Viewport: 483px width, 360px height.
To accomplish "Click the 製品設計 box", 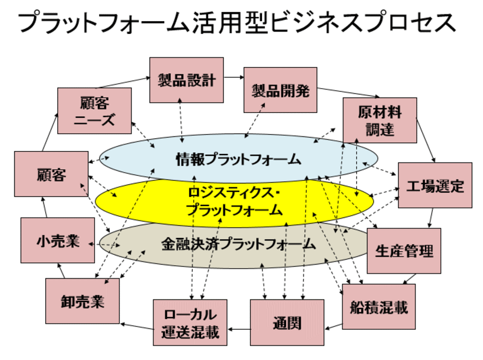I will click(x=187, y=80).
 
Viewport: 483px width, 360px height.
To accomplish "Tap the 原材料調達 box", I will click(x=379, y=120).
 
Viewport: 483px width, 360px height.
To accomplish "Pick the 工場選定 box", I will click(x=435, y=185).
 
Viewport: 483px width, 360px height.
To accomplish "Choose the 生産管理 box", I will click(x=404, y=250).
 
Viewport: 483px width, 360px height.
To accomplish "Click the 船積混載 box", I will click(x=379, y=307).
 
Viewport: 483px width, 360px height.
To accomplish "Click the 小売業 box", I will click(x=57, y=240).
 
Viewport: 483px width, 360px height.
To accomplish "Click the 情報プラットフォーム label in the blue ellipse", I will click(x=238, y=159).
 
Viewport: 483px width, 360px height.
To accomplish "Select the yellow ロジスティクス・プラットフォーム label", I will click(x=233, y=201).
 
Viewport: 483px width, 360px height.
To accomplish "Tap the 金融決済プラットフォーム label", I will click(x=238, y=244).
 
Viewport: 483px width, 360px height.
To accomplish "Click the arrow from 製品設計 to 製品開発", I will click(x=234, y=77).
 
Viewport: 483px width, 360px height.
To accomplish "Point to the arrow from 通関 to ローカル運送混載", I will click(x=239, y=329).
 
